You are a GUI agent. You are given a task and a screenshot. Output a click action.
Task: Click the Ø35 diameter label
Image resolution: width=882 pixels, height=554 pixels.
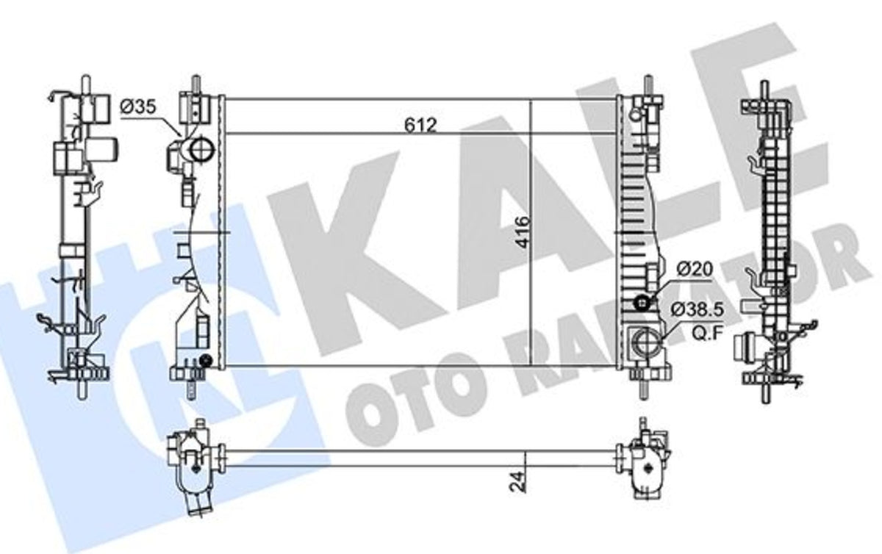click(138, 107)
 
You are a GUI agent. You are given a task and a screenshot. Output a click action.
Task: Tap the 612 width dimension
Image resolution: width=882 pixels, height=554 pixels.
click(420, 125)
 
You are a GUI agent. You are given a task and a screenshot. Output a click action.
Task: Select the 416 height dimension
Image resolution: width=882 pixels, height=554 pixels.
click(523, 232)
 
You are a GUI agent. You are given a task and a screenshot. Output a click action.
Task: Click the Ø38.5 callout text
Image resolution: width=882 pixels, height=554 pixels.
click(698, 310)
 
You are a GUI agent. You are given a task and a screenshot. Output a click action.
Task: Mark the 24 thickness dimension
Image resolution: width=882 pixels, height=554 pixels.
click(517, 481)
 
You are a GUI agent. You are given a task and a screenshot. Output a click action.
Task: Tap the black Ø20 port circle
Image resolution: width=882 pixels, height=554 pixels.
click(642, 303)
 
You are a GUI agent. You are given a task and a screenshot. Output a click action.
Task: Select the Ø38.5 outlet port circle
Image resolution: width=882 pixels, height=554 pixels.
click(646, 342)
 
